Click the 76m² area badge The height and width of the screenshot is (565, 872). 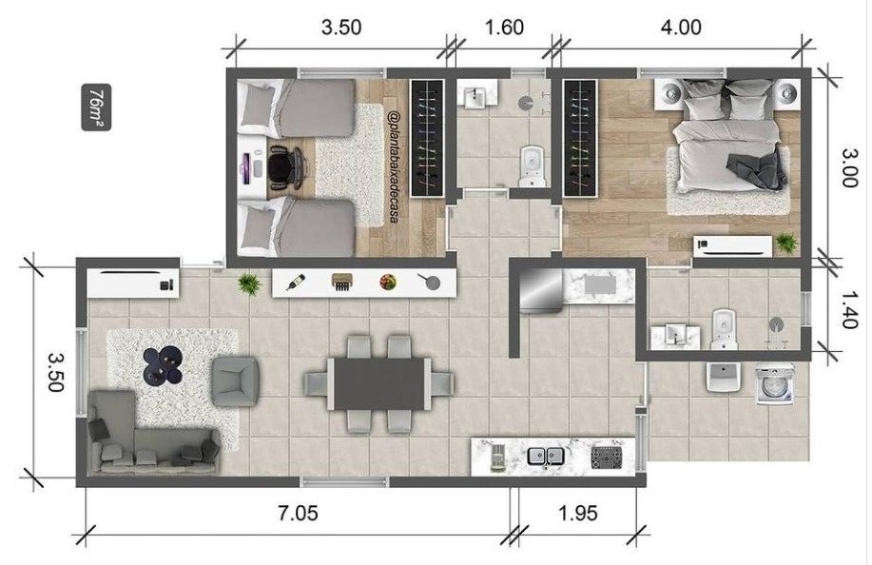(96, 107)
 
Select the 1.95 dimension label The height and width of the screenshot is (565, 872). (578, 513)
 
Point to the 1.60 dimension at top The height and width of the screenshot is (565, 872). (504, 28)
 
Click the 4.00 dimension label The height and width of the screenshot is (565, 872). (681, 28)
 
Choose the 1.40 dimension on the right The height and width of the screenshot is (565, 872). (846, 309)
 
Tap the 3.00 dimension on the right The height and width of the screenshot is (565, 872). (846, 166)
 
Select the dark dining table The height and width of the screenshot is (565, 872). (379, 383)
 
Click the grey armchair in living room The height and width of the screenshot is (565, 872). (235, 381)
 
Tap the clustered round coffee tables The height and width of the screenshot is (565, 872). (163, 365)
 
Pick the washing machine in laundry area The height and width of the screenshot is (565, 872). (775, 383)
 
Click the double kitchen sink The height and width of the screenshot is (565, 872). (546, 457)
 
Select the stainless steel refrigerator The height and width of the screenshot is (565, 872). (540, 290)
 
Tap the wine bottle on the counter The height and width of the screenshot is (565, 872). (295, 282)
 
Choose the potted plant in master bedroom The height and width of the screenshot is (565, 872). (785, 242)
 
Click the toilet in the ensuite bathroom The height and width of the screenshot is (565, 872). (724, 329)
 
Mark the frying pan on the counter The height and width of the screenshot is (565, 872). (429, 282)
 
